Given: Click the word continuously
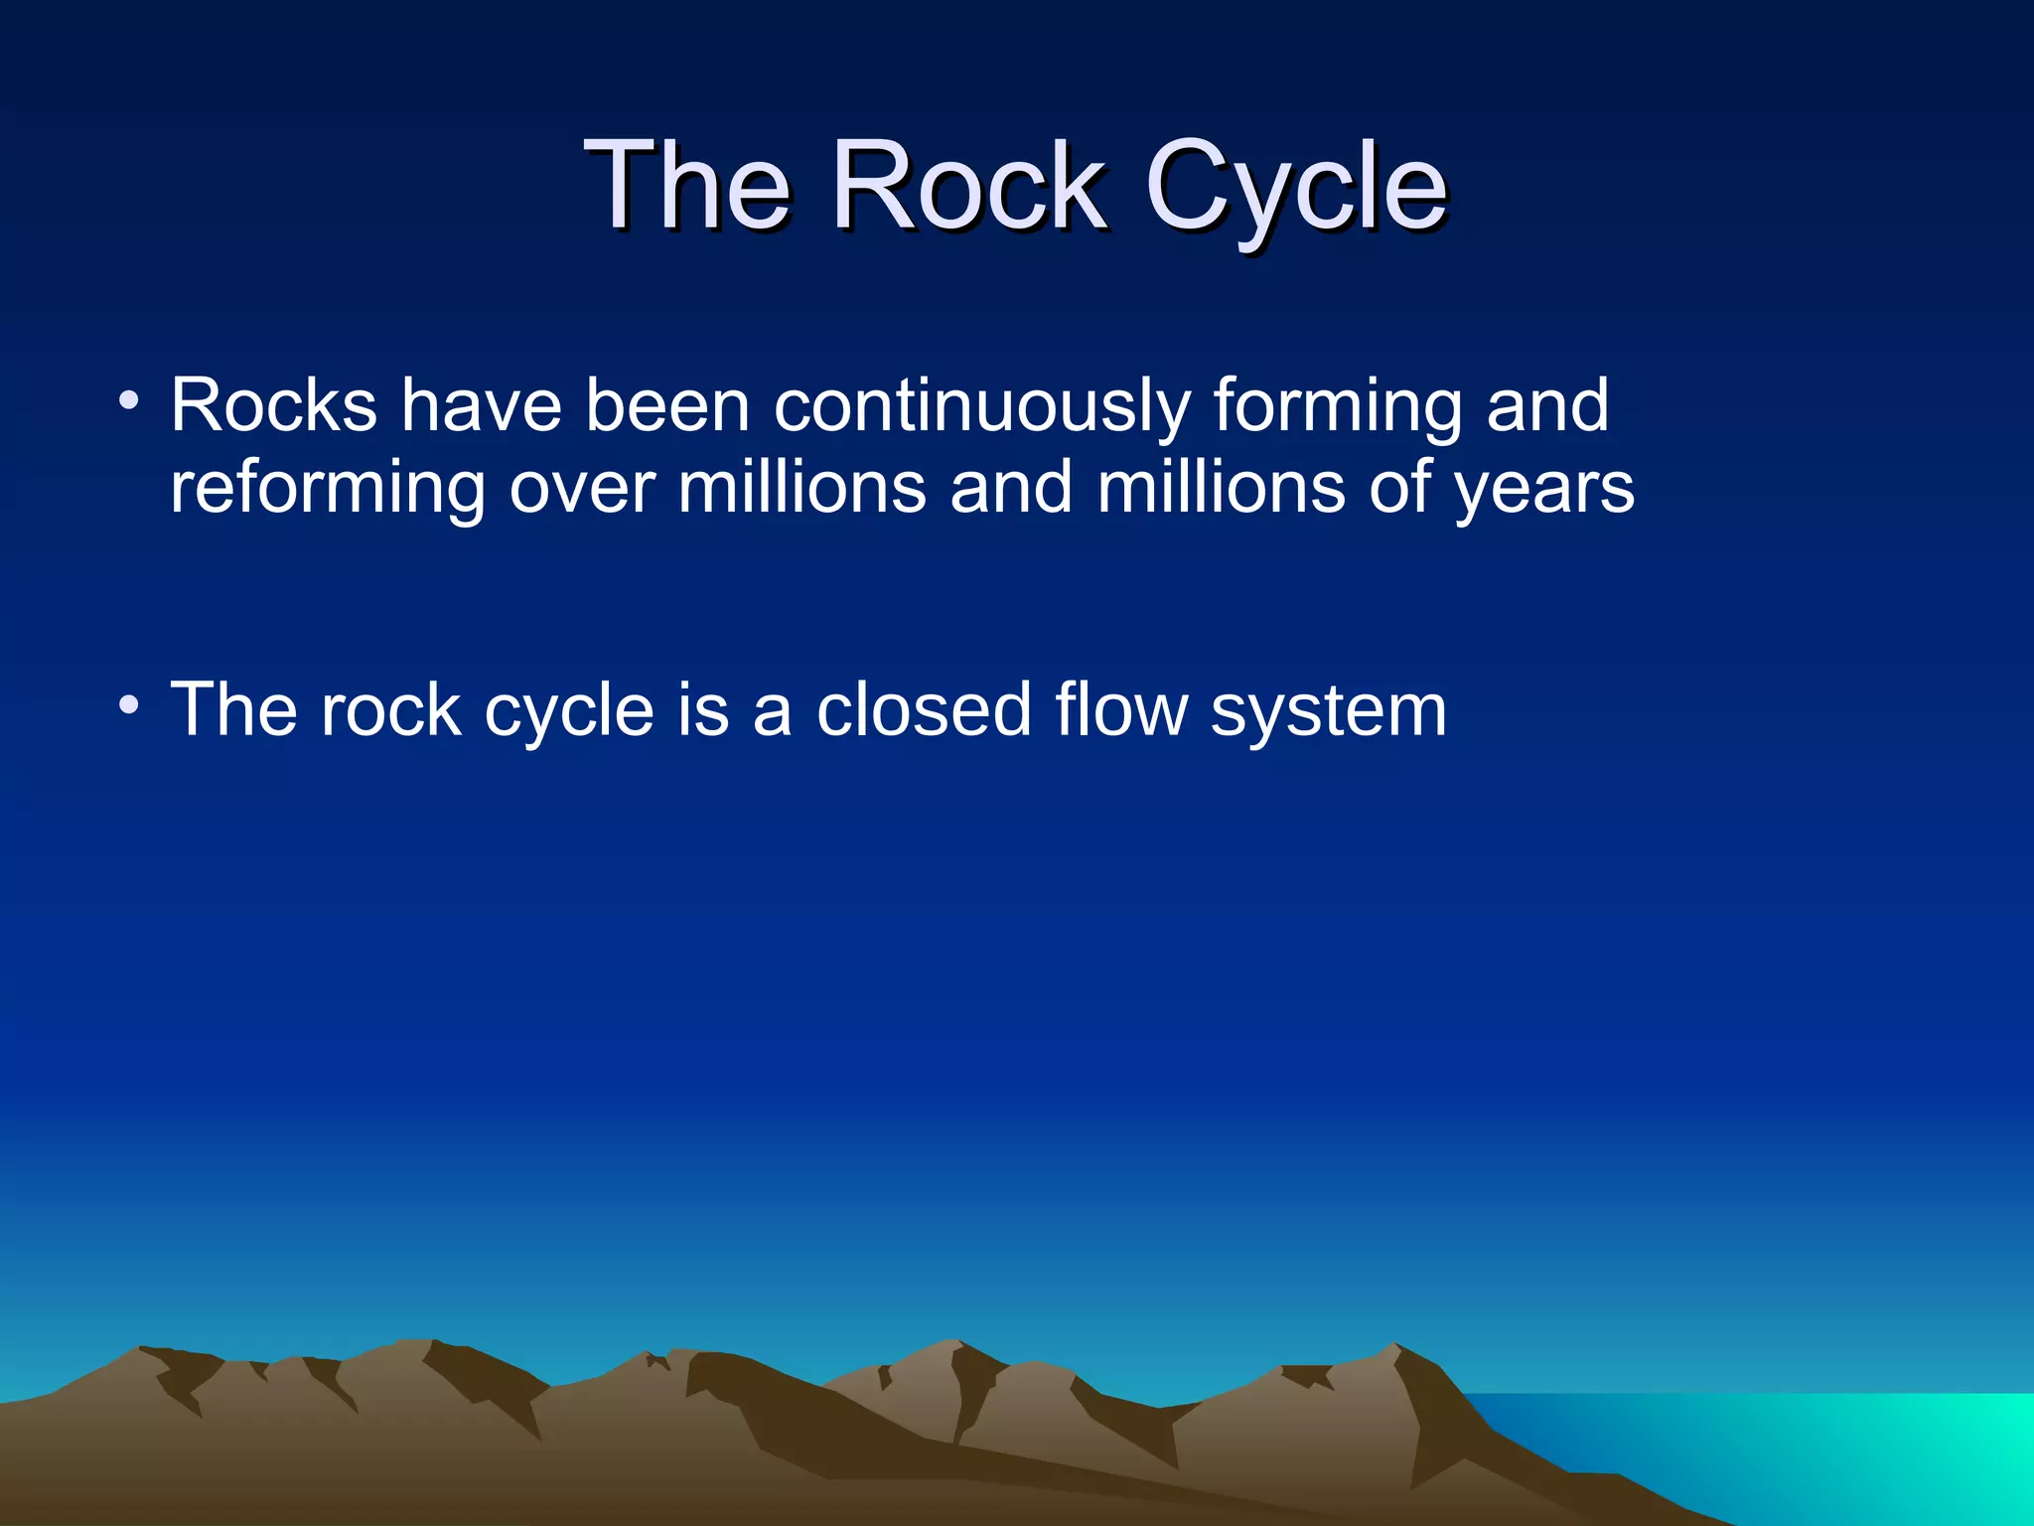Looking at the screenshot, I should (x=981, y=407).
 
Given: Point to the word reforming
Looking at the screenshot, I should (x=328, y=489).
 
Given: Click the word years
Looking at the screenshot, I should (x=1544, y=489).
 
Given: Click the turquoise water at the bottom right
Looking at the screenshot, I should (x=1837, y=1450).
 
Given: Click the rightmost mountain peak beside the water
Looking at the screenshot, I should (x=1395, y=1349).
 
